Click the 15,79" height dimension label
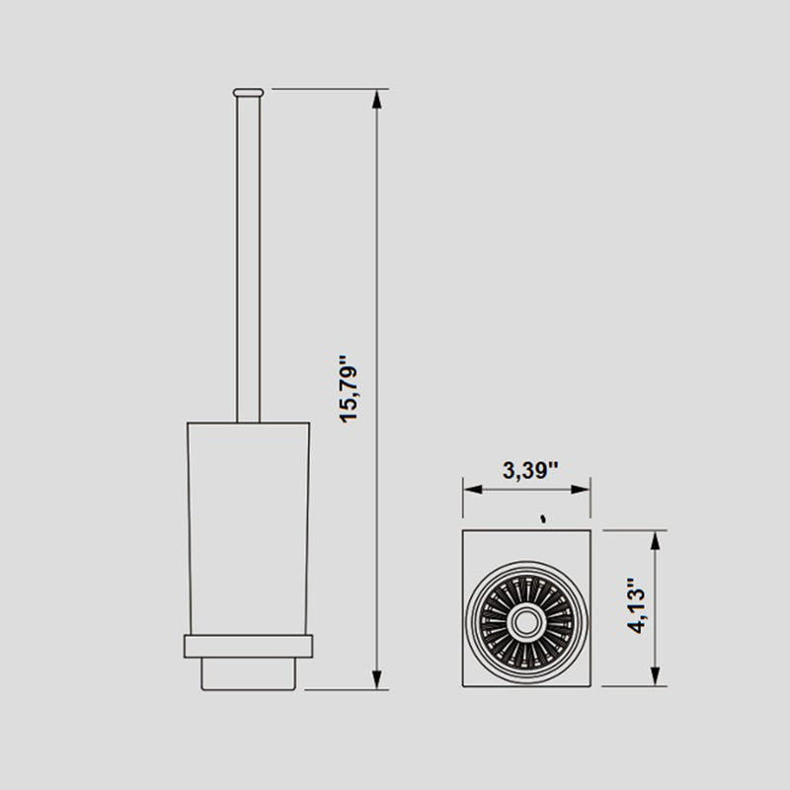pyautogui.click(x=353, y=387)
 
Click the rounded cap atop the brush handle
pyautogui.click(x=248, y=92)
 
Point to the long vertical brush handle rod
pyautogui.click(x=248, y=257)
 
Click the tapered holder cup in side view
pyautogui.click(x=248, y=523)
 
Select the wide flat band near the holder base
pyautogui.click(x=248, y=646)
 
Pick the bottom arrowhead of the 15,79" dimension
pyautogui.click(x=376, y=679)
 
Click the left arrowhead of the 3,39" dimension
pyautogui.click(x=471, y=488)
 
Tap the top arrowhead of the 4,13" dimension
pyautogui.click(x=654, y=538)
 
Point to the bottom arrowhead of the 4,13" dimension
pyautogui.click(x=654, y=678)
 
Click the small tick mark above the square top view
pyautogui.click(x=542, y=517)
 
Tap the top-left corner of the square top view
pyautogui.click(x=464, y=530)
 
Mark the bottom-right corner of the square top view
pyautogui.click(x=591, y=687)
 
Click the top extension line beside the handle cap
pyautogui.click(x=326, y=89)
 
